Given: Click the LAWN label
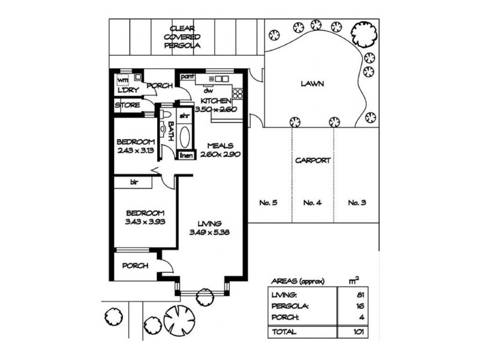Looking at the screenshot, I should (312, 84).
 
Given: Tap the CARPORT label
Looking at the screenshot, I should (312, 161).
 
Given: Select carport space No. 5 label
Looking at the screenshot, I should (268, 202).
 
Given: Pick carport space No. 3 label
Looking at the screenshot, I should (357, 202).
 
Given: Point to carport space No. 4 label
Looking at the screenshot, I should (312, 202).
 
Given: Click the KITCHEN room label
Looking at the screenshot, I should (214, 100).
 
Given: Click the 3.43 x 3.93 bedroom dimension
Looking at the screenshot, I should (145, 221).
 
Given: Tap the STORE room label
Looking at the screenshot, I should (127, 106).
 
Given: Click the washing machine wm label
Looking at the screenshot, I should (122, 79).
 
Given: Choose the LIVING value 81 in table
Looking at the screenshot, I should (360, 295).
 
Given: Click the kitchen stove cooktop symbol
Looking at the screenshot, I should (237, 94).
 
